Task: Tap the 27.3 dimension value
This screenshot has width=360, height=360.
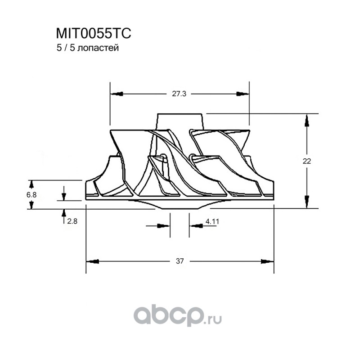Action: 179,94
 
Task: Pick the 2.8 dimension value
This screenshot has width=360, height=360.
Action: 72,221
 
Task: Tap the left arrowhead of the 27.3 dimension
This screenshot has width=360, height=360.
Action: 117,94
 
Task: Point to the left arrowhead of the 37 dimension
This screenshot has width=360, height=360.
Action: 92,261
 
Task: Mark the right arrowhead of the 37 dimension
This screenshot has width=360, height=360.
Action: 268,261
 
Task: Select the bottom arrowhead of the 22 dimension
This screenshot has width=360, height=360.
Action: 307,202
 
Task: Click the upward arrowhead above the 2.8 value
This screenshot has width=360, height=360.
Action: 63,213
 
